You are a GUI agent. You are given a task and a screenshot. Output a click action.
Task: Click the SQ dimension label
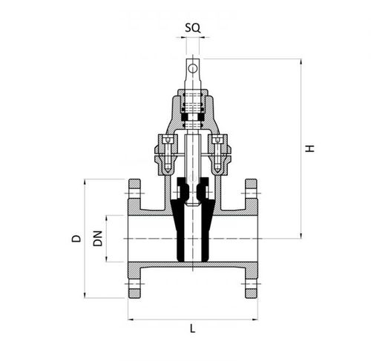(x=191, y=27)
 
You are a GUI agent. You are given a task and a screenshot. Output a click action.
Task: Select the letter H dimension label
(x=311, y=148)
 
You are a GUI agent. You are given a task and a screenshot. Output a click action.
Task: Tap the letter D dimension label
(x=75, y=238)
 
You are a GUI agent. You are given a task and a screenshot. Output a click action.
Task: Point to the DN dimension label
(x=96, y=238)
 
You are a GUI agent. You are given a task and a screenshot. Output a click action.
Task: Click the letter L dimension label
(x=193, y=328)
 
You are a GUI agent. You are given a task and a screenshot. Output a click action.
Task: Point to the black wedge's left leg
(x=179, y=230)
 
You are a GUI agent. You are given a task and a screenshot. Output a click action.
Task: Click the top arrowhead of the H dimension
(x=301, y=62)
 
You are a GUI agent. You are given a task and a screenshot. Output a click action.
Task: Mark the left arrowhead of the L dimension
(x=131, y=319)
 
